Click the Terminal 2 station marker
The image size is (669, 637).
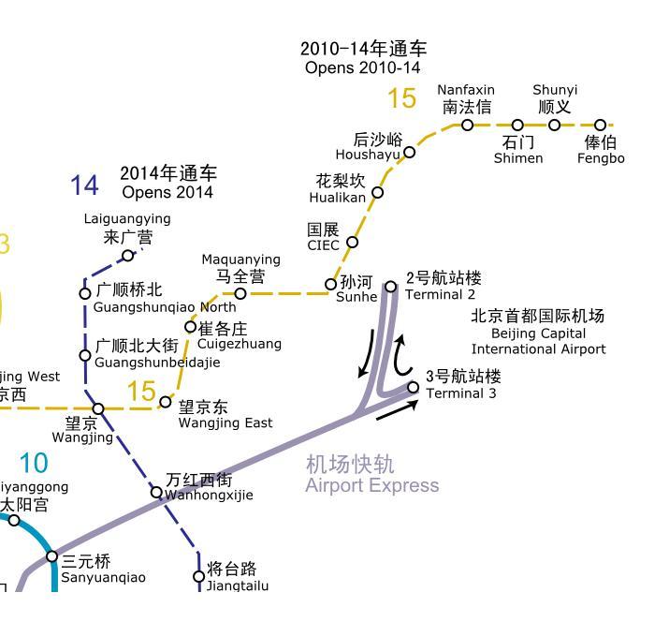click(x=391, y=287)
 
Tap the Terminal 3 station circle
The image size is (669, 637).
click(x=414, y=387)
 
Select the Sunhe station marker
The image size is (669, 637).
click(x=331, y=284)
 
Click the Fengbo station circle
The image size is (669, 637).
click(x=601, y=125)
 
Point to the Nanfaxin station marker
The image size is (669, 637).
click(x=467, y=125)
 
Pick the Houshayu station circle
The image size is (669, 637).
click(x=409, y=152)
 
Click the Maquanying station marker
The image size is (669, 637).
click(x=240, y=293)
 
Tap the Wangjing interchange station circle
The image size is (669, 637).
click(x=98, y=408)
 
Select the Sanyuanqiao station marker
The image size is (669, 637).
click(x=52, y=556)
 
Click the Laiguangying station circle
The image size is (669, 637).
click(x=128, y=256)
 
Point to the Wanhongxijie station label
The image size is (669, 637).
click(x=209, y=487)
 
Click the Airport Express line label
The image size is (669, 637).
click(x=371, y=475)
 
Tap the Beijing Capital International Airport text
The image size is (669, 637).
click(x=538, y=333)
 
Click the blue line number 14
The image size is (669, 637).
click(x=84, y=185)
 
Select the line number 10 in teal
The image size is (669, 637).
click(x=33, y=463)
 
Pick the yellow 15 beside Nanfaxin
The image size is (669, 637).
click(x=401, y=97)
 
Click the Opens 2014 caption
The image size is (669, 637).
click(x=167, y=192)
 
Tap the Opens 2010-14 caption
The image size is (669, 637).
click(x=363, y=67)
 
